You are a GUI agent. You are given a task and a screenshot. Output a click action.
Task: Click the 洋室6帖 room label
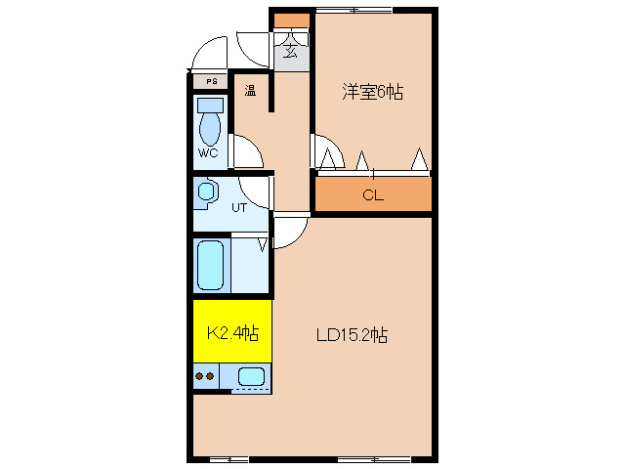372,93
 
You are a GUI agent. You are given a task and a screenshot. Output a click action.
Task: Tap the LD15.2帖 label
353,335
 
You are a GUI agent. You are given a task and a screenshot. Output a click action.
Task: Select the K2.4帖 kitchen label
231,333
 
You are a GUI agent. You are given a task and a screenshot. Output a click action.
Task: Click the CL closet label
372,194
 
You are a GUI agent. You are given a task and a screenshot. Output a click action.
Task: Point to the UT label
239,207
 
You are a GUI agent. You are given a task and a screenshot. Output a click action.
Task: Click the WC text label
208,153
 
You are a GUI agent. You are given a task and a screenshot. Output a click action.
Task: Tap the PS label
210,81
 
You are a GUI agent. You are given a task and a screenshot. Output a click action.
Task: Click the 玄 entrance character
291,53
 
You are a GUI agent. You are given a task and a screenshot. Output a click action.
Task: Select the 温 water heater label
250,92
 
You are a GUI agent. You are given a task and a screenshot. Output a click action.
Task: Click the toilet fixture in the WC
210,123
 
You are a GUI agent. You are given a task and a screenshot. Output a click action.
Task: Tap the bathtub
211,265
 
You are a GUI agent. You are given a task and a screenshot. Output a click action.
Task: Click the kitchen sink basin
251,375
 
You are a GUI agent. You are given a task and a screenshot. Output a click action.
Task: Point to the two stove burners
206,375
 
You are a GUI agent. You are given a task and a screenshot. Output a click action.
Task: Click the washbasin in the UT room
206,192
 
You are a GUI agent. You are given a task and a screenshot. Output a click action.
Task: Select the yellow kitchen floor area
231,313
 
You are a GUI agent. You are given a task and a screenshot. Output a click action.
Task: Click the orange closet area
372,194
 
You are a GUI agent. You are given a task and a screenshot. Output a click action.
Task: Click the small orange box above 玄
291,21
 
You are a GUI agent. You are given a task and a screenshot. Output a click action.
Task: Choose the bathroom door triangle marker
263,244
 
